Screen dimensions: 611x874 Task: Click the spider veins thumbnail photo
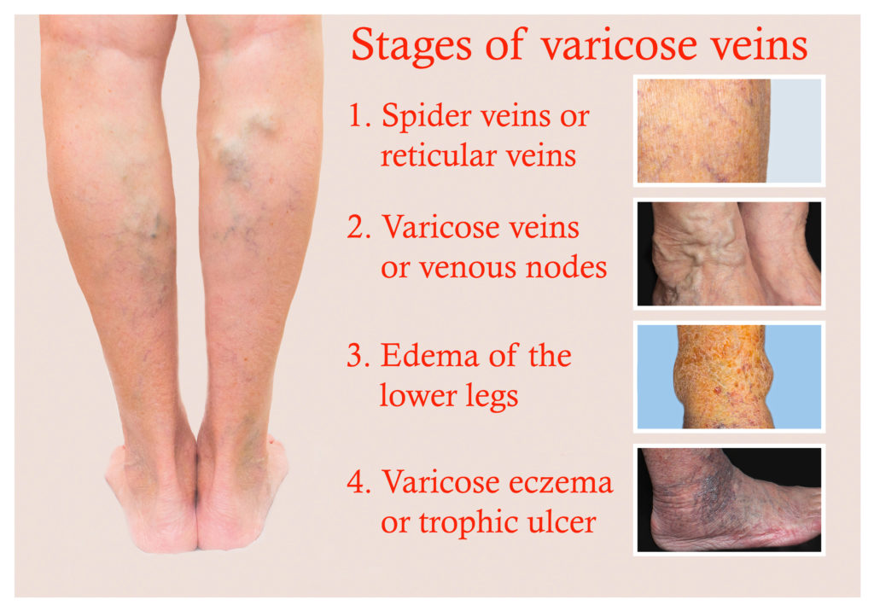point(728,131)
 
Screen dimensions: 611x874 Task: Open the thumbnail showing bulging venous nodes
point(728,253)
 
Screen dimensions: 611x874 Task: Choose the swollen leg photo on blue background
point(728,376)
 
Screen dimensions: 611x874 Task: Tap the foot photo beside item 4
point(728,499)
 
